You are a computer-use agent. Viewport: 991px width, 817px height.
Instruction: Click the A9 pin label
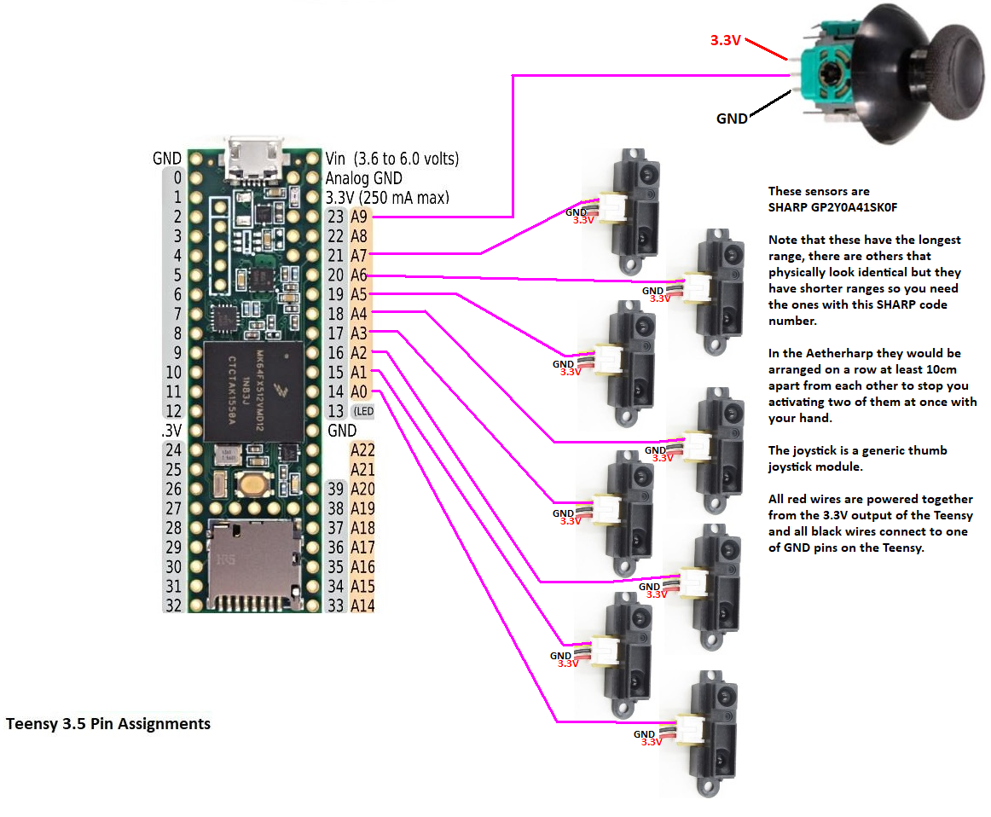pyautogui.click(x=360, y=217)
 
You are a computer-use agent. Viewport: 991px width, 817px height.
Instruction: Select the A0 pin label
pyautogui.click(x=360, y=391)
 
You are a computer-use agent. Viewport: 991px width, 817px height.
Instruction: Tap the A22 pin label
pyautogui.click(x=362, y=450)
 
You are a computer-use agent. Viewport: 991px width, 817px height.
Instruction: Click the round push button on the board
pyautogui.click(x=252, y=484)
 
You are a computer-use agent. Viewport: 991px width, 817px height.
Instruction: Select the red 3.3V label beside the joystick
pyautogui.click(x=726, y=39)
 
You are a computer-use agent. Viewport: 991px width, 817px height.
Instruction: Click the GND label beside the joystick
pyautogui.click(x=732, y=119)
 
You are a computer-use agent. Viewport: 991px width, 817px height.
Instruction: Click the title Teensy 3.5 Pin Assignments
pyautogui.click(x=108, y=724)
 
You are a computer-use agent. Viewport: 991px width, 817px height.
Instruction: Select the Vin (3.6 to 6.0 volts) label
pyautogui.click(x=392, y=159)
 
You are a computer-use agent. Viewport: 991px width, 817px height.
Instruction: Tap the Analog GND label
pyautogui.click(x=363, y=178)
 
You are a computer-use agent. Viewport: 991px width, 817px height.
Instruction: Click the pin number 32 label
pyautogui.click(x=173, y=606)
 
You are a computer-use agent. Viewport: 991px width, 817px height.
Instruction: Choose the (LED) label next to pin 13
pyautogui.click(x=363, y=411)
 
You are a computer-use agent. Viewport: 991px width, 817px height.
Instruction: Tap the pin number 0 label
pyautogui.click(x=177, y=178)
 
